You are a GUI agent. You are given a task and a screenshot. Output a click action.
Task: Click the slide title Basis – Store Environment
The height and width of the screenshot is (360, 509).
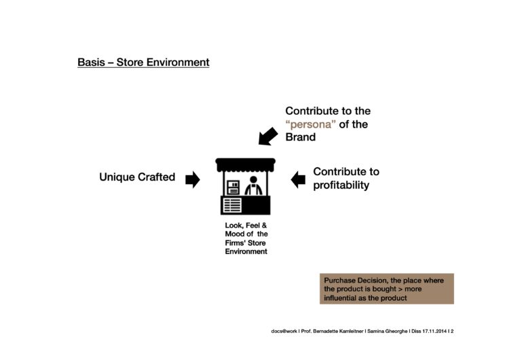coord(143,62)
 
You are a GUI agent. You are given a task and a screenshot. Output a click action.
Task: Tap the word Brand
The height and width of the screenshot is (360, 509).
coord(300,137)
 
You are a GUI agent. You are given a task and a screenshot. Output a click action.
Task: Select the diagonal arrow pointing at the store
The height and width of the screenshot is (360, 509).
coord(268,136)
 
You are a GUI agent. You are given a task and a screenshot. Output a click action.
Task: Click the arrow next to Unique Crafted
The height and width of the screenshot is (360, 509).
coord(193,179)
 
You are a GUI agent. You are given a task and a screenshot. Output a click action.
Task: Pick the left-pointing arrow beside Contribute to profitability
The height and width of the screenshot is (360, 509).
coord(298,180)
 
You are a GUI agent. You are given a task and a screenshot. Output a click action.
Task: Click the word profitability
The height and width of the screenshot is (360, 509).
coord(341,185)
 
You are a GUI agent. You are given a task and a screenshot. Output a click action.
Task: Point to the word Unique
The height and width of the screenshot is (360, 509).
coord(117,177)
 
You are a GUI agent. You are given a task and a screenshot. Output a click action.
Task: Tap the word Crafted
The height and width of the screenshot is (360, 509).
coord(157,177)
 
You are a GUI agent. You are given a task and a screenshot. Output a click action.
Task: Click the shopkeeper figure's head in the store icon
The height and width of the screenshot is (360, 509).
coord(254,180)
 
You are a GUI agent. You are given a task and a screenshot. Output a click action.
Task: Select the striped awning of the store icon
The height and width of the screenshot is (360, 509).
coord(246,165)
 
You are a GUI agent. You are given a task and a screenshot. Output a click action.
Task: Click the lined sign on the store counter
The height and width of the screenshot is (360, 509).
coord(232,205)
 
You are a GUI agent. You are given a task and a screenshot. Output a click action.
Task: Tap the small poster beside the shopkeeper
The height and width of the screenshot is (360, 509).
coord(233,187)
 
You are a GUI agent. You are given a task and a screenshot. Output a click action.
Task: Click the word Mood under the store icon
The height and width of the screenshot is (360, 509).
coord(234,234)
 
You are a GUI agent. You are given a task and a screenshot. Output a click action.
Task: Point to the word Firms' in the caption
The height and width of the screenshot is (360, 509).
coord(235,243)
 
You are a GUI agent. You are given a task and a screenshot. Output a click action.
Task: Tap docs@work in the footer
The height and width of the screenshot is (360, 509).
coord(284,331)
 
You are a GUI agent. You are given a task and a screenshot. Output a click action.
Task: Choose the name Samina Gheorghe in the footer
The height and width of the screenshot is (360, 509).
coord(388,331)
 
